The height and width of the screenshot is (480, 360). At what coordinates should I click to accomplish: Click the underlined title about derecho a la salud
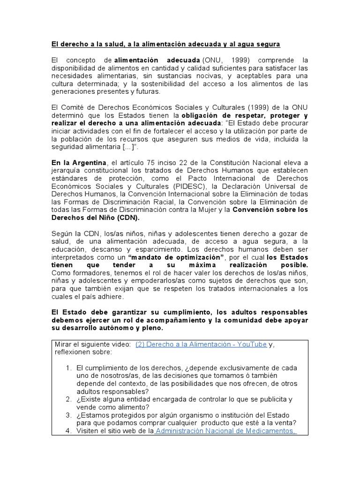[165, 44]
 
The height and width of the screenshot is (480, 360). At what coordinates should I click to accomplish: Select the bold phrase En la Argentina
[79, 162]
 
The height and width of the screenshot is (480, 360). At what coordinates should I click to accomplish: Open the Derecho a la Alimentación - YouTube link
[201, 344]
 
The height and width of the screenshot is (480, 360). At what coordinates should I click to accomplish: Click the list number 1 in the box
[69, 368]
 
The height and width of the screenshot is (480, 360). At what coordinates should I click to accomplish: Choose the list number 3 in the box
[69, 415]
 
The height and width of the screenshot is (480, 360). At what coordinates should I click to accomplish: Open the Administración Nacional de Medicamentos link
[225, 431]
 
